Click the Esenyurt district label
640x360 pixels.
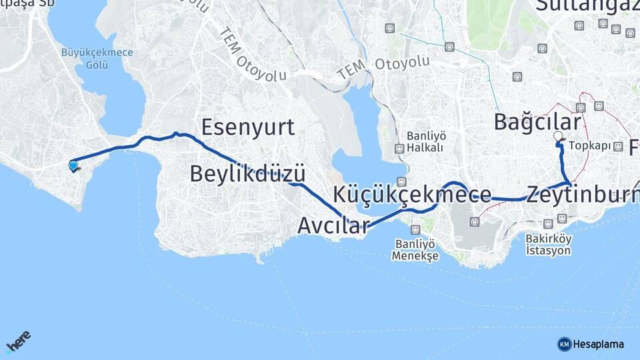(x=247, y=127)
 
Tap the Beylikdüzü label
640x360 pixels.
(x=247, y=174)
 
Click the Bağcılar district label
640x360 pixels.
(x=537, y=122)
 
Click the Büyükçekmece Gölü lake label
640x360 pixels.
(x=97, y=58)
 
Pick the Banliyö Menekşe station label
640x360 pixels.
(x=415, y=251)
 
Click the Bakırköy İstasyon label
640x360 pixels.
(x=549, y=245)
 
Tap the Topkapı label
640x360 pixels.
(x=590, y=146)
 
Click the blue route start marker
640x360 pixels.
(x=73, y=165)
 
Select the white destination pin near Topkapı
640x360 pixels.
(x=558, y=137)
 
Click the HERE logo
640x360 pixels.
(x=18, y=343)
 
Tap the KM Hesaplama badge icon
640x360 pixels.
(x=564, y=344)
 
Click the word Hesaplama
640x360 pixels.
(x=598, y=344)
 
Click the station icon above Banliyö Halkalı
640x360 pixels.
(x=399, y=148)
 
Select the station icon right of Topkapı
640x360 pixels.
(x=618, y=146)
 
